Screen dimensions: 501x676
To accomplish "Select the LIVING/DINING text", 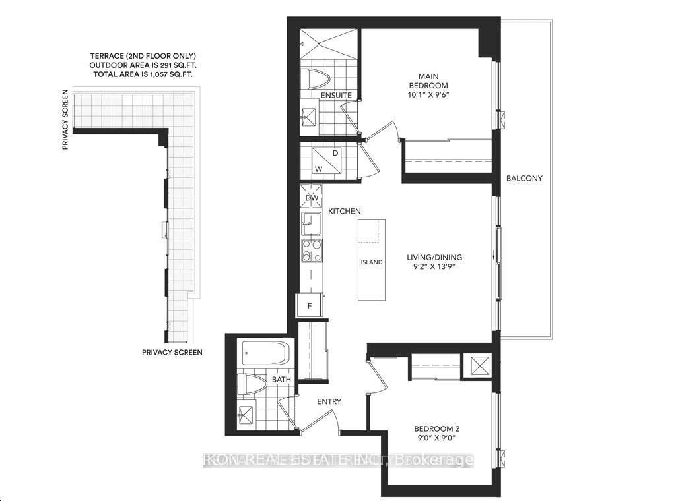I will tap(434, 258).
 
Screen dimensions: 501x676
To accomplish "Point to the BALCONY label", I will tap(524, 179).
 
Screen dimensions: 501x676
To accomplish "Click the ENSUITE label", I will tap(335, 96).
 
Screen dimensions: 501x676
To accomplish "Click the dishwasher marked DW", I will tap(311, 197).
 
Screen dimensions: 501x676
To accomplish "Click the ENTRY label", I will tap(329, 401).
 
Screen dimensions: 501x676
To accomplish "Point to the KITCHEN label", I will tap(345, 211).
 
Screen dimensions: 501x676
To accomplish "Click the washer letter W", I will tap(318, 169).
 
